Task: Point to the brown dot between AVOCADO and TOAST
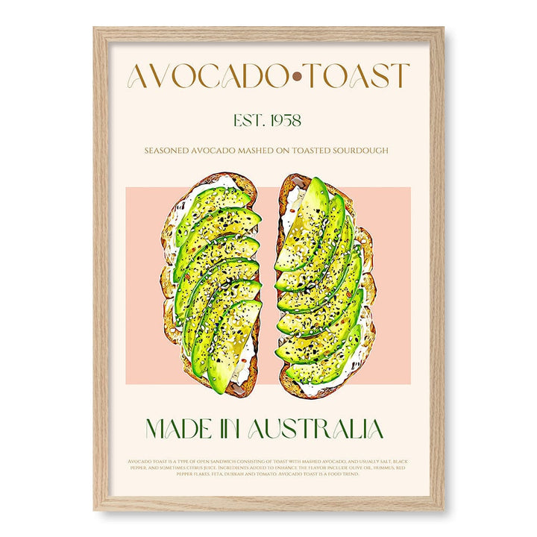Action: pyautogui.click(x=297, y=76)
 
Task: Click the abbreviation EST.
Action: pyautogui.click(x=248, y=119)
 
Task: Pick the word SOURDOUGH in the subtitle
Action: pyautogui.click(x=358, y=151)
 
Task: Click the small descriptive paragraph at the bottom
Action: pyautogui.click(x=268, y=468)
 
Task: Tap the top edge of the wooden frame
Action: pyautogui.click(x=268, y=33)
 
